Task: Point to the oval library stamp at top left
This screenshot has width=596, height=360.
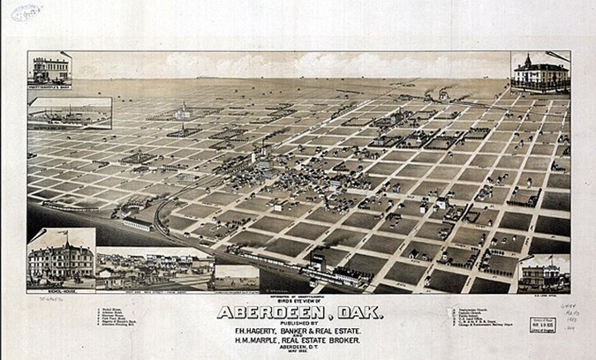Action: tap(26, 11)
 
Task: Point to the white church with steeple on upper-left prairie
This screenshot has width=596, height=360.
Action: tap(183, 112)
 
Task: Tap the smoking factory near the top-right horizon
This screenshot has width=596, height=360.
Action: tap(441, 94)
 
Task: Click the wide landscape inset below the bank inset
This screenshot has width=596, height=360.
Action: tap(70, 113)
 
